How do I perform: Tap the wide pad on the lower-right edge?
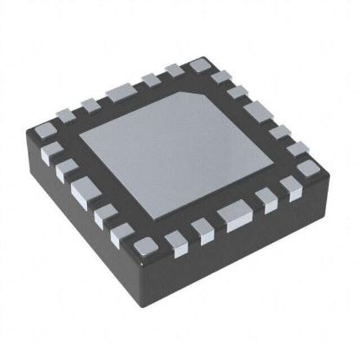[x=232, y=213]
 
